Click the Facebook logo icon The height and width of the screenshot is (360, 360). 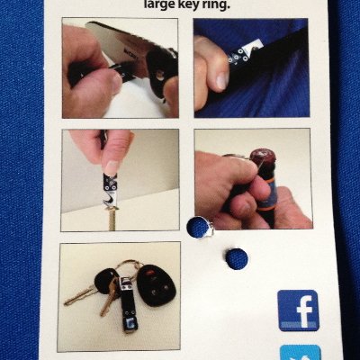[x=299, y=310]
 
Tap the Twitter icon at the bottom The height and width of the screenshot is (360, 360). [x=300, y=353]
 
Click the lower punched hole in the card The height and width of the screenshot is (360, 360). [x=236, y=258]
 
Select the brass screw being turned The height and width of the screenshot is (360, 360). [x=112, y=220]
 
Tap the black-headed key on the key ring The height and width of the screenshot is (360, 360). [x=105, y=282]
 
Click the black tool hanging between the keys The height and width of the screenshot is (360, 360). [x=127, y=304]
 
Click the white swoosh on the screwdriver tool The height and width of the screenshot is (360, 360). [x=109, y=200]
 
